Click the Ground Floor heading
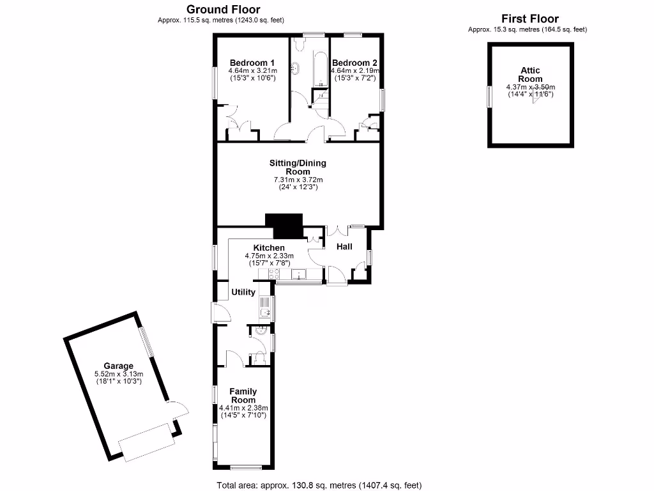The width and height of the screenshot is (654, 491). [222, 10]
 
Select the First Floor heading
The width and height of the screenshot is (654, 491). [529, 19]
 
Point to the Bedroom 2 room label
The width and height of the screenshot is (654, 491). [354, 62]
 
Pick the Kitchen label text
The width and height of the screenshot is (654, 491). [269, 247]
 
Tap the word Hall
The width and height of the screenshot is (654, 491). [344, 246]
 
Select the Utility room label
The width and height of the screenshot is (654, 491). [243, 292]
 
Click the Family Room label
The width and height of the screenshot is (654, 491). [243, 396]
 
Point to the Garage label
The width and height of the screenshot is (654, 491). [118, 366]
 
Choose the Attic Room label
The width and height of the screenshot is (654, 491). [530, 75]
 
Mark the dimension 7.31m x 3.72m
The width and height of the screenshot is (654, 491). [298, 180]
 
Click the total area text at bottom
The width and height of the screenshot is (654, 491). [319, 485]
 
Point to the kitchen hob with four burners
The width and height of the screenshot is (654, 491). [275, 275]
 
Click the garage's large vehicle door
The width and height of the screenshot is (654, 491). [148, 442]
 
